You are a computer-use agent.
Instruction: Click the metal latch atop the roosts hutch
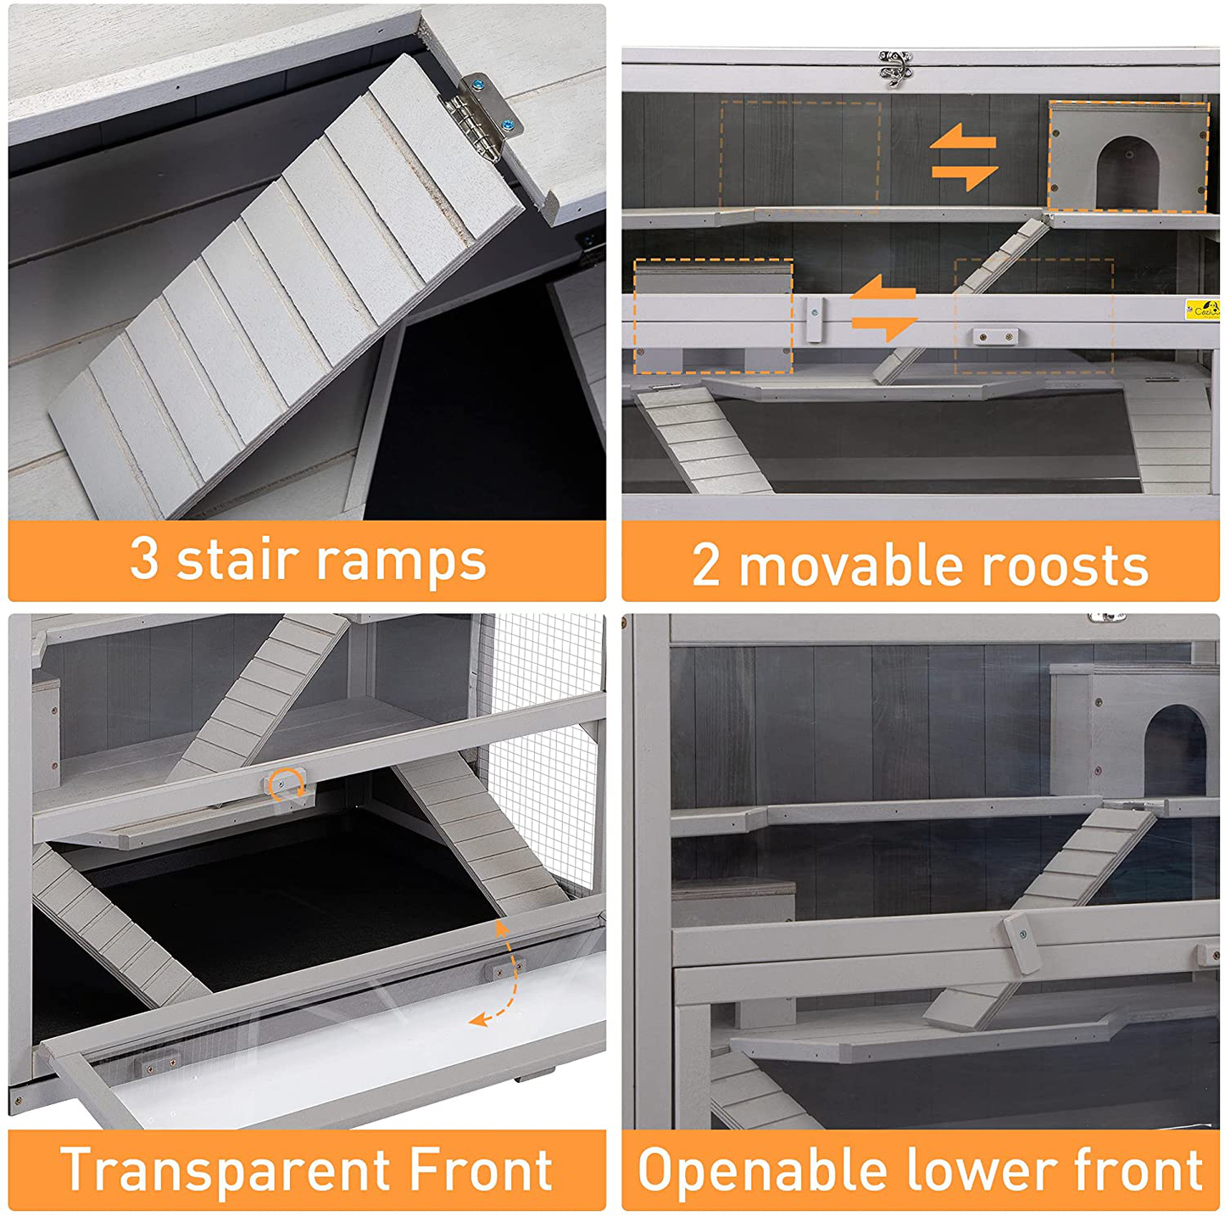(895, 67)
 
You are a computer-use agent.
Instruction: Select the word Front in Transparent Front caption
(480, 1169)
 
